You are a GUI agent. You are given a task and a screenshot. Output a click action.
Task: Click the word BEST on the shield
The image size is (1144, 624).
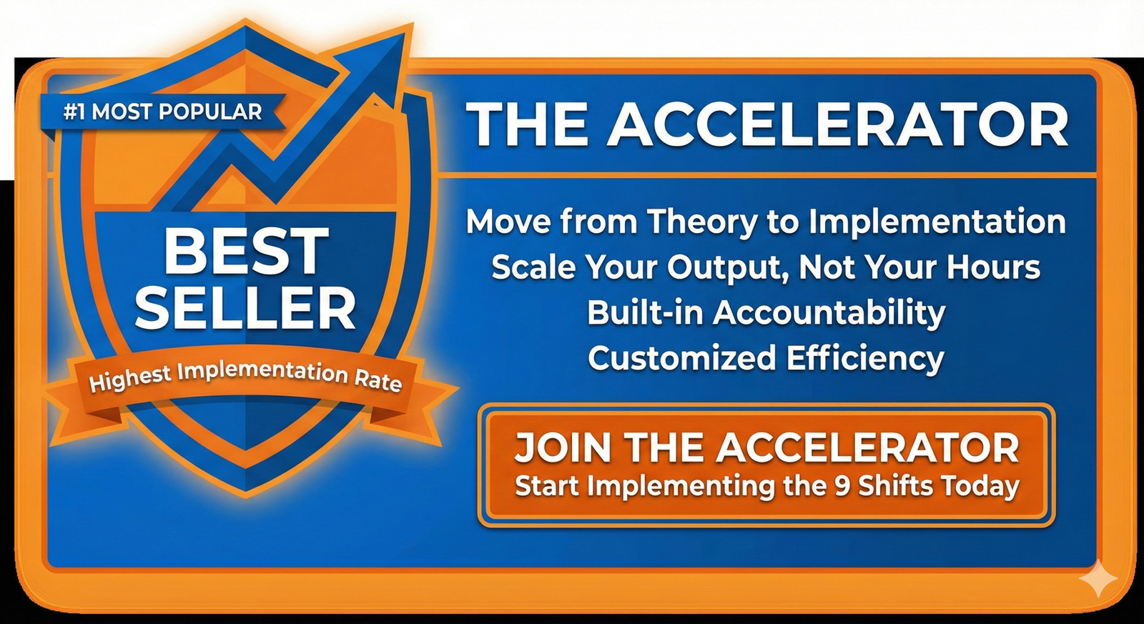(246, 251)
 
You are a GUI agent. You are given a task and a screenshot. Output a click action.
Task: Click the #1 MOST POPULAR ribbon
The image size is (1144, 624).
(162, 113)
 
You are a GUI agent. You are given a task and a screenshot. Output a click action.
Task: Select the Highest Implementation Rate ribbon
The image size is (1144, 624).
(245, 380)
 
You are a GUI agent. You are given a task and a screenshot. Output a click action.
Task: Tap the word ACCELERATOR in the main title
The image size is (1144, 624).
(837, 125)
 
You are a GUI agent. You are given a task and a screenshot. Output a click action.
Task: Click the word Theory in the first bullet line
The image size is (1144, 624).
(701, 222)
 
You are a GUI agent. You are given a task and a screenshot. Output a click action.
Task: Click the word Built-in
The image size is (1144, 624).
(646, 312)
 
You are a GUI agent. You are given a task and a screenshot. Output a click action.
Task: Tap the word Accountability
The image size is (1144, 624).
(829, 313)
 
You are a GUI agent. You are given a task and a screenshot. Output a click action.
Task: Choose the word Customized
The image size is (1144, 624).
(682, 357)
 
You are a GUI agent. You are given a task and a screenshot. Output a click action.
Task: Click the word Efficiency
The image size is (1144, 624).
(865, 359)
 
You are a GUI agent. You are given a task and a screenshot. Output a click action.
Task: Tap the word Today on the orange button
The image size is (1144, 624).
(980, 487)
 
